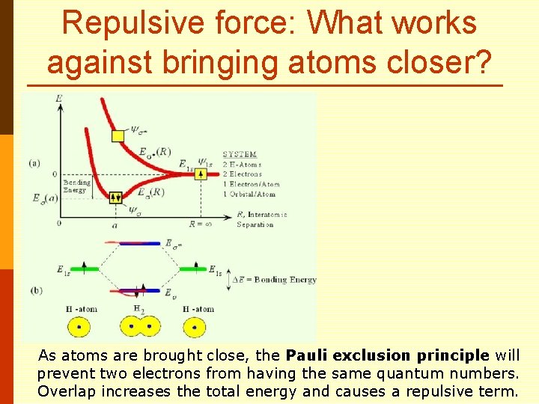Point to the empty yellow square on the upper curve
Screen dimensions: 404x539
pyautogui.click(x=118, y=135)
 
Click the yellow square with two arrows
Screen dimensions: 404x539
pyautogui.click(x=115, y=198)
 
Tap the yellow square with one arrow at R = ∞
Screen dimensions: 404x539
pyautogui.click(x=200, y=174)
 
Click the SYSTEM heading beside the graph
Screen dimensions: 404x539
pyautogui.click(x=239, y=154)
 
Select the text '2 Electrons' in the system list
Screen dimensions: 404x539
pyautogui.click(x=241, y=174)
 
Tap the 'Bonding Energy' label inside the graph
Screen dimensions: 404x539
pyautogui.click(x=76, y=186)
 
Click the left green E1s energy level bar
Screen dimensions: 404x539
pyautogui.click(x=85, y=268)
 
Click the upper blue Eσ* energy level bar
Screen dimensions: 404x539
pyautogui.click(x=140, y=243)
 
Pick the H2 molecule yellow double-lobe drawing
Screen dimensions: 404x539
pyautogui.click(x=139, y=327)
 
